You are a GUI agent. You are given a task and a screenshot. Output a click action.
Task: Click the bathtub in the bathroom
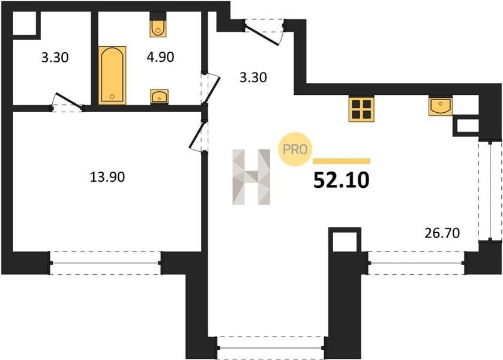(112, 76)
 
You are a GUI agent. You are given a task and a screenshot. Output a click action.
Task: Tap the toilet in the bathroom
(158, 25)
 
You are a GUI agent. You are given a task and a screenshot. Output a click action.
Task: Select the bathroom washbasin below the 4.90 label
(160, 97)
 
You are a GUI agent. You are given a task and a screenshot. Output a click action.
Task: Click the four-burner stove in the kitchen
(361, 109)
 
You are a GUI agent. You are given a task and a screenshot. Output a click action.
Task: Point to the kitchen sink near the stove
(441, 106)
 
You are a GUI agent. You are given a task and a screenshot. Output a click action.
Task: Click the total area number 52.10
(342, 181)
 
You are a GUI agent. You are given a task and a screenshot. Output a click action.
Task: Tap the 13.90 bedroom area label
(107, 177)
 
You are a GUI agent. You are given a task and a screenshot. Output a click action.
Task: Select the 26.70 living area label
(442, 233)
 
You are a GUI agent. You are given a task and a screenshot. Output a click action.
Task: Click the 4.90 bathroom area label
(160, 57)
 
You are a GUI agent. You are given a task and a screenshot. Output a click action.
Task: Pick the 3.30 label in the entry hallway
(253, 77)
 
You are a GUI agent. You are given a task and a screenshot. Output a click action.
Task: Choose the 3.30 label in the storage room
(55, 58)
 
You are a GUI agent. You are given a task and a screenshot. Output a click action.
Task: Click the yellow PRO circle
(295, 149)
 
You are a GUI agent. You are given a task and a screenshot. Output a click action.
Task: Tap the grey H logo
(251, 176)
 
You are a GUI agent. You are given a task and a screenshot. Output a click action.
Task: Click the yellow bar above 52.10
(342, 161)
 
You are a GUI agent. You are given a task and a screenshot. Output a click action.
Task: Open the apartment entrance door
(264, 32)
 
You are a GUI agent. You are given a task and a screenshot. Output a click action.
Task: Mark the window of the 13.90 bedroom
(105, 263)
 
